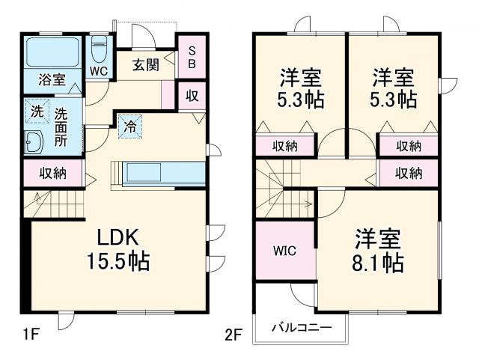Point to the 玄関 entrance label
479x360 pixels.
tap(146, 64)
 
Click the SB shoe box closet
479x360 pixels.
tap(192, 56)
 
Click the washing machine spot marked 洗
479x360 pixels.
tap(37, 112)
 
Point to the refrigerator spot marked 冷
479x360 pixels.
tap(129, 126)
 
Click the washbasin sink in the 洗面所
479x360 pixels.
tap(34, 142)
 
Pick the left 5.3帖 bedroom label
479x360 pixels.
tap(302, 88)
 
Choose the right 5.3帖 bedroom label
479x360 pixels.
tap(394, 88)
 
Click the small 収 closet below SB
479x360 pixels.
tap(192, 95)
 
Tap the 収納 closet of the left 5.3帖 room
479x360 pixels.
tap(285, 146)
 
